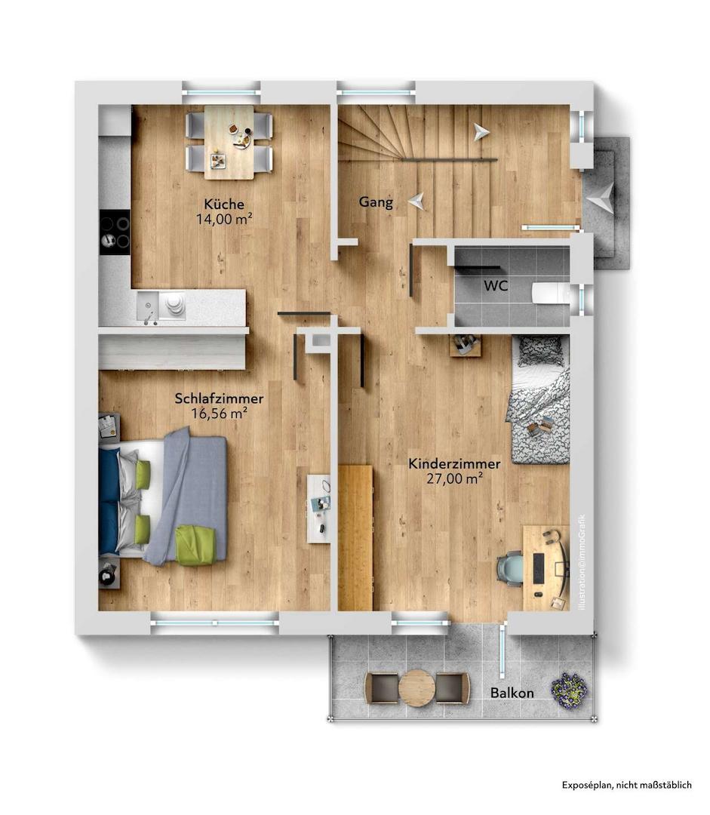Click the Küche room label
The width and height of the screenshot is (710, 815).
224,204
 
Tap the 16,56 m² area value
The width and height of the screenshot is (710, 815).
219,414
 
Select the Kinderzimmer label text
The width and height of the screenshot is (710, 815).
454,463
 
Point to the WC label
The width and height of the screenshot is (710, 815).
496,285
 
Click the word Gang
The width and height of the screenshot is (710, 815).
376,202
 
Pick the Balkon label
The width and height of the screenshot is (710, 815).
512,693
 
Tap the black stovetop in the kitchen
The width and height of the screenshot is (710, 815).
115,232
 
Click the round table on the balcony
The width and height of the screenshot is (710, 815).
416,687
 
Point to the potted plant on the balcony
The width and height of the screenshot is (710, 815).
570,690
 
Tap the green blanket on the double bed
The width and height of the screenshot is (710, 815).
196,546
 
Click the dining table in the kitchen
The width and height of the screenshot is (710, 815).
229,142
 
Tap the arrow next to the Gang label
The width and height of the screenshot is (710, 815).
416,201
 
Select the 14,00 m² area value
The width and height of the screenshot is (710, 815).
224,219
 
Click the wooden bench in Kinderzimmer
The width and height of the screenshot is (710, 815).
355,537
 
